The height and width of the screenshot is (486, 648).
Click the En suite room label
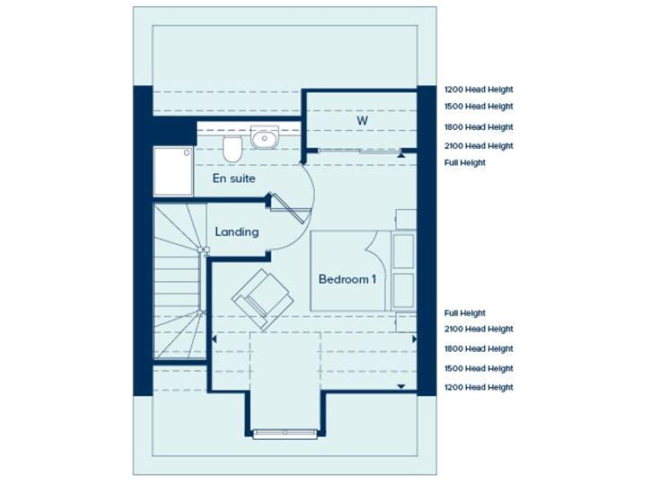pos(234,179)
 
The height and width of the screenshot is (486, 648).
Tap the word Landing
pos(236,231)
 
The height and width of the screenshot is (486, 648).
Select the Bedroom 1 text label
pos(347,279)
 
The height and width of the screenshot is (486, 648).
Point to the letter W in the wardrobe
pos(361,121)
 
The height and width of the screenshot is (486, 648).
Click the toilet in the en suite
pos(232,150)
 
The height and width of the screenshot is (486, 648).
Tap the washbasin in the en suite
pos(264,137)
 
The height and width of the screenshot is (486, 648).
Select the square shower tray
pos(173,172)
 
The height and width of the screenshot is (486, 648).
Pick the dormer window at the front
pos(283,434)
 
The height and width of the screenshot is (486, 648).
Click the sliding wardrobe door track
pos(354,151)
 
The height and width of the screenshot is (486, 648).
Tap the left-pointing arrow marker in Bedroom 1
pos(214,338)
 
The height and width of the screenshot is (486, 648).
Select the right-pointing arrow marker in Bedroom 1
pos(414,338)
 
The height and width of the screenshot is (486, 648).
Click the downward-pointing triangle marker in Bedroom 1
pos(401,386)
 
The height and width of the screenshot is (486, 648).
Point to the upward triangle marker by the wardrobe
pos(403,155)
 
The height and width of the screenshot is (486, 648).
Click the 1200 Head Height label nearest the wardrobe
pos(478,89)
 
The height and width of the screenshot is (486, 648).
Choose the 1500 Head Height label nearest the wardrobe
pos(478,107)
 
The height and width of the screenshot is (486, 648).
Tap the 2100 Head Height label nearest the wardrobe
pos(478,146)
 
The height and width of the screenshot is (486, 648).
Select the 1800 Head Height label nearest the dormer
pos(478,348)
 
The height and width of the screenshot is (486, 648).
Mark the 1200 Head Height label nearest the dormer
pos(478,387)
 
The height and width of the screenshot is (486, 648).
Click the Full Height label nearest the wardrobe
pos(465,163)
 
